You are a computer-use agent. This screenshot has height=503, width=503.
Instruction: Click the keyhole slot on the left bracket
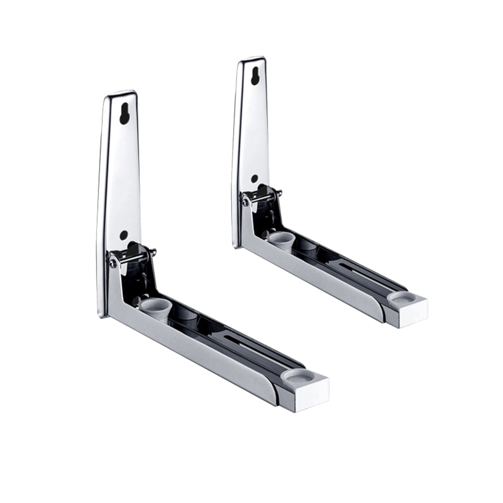click(x=123, y=114)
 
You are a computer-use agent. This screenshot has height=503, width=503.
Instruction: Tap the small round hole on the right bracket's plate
click(x=255, y=178)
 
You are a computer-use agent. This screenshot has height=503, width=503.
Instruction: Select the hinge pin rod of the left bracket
click(x=134, y=257)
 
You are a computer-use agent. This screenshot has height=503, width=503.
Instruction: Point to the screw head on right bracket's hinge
click(x=245, y=202)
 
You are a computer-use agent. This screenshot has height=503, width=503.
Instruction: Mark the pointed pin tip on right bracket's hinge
click(x=280, y=192)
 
